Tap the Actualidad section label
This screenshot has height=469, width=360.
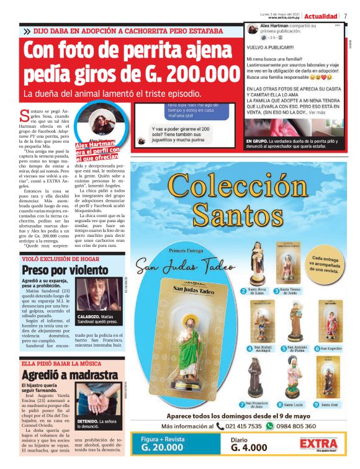coord(321,16)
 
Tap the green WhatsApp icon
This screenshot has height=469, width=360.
coord(269,426)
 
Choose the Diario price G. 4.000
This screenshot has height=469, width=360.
coord(249,448)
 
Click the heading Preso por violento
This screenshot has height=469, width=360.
coord(56,270)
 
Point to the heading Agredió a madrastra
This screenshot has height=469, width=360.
coord(70,375)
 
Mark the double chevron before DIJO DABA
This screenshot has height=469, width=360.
coord(27,30)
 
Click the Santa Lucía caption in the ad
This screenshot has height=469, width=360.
coord(293,404)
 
